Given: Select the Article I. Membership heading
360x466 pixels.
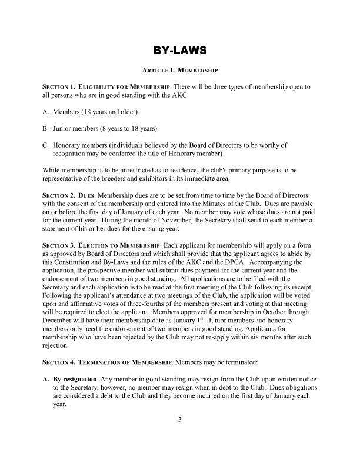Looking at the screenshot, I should (180, 70).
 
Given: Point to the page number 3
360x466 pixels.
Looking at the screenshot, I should (180, 419).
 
